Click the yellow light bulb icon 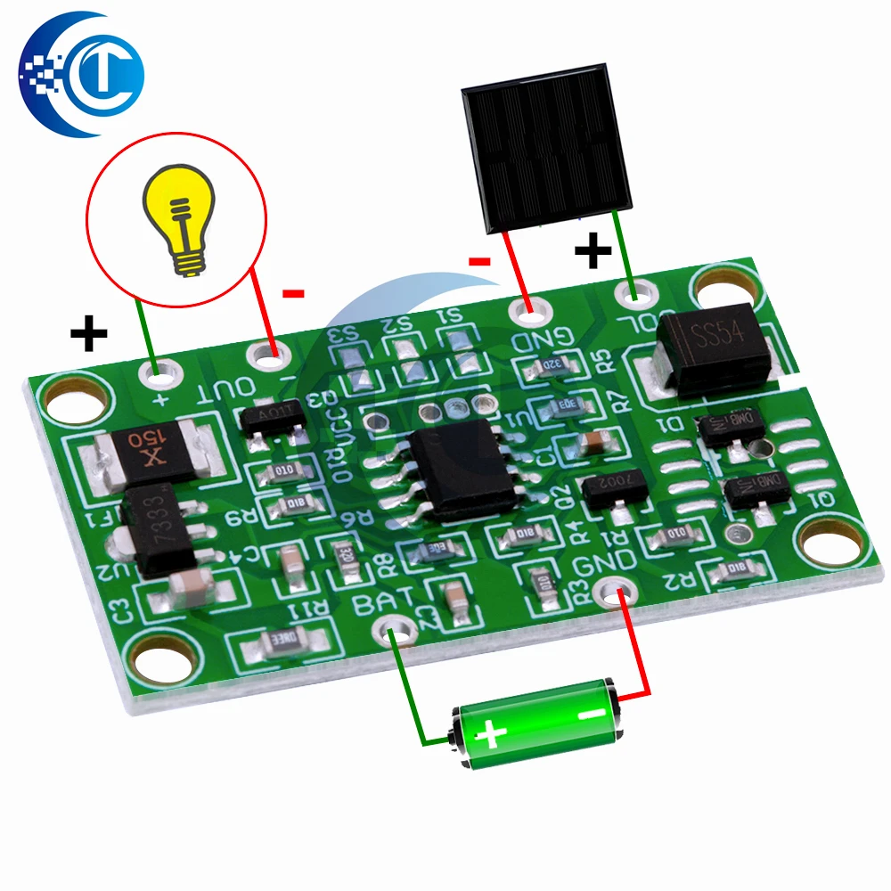pyautogui.click(x=182, y=219)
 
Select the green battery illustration pyautogui.click(x=535, y=723)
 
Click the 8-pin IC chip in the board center pyautogui.click(x=462, y=463)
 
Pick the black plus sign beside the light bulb pyautogui.click(x=88, y=334)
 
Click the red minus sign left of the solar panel pyautogui.click(x=480, y=261)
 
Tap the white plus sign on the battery pyautogui.click(x=488, y=736)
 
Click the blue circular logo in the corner pyautogui.click(x=82, y=73)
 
